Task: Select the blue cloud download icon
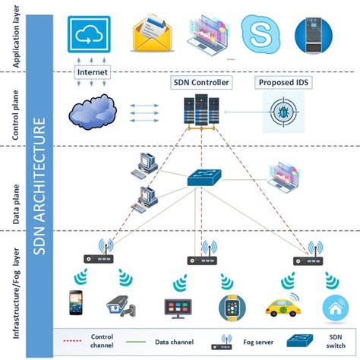[89, 33]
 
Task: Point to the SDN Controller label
[200, 82]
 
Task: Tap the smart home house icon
[331, 306]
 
